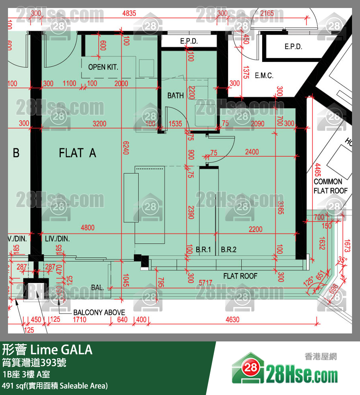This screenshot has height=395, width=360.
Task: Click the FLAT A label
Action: [78, 153]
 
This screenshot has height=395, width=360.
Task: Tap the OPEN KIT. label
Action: [103, 67]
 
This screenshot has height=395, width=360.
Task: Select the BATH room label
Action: [175, 96]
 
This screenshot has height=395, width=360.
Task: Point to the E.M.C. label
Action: [264, 76]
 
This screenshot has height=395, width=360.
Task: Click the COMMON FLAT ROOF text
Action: [330, 186]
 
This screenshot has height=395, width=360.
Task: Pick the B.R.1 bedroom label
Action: [203, 250]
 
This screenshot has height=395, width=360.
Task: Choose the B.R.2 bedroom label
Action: [229, 250]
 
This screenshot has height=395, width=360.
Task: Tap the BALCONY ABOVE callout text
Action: [99, 312]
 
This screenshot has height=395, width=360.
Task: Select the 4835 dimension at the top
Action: [129, 14]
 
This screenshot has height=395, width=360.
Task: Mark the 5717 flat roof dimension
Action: [206, 282]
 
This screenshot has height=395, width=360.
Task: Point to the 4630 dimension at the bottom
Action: [232, 319]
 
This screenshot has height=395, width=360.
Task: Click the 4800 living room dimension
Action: [88, 228]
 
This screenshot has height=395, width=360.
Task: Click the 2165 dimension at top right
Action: [267, 14]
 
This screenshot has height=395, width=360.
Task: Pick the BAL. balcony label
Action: [97, 287]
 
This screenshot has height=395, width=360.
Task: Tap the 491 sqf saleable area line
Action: [55, 386]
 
